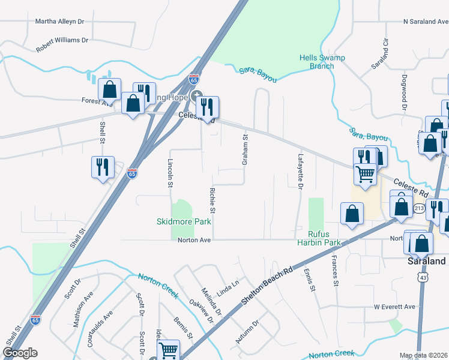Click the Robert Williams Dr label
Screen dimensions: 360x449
62,40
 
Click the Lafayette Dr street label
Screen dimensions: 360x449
300,171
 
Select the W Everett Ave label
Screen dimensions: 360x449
394,307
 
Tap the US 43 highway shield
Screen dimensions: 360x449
424,278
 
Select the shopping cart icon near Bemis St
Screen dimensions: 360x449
169,350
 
